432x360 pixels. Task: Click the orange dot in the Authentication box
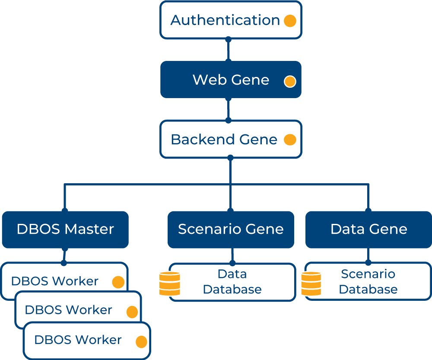click(290, 21)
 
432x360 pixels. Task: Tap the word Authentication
click(225, 20)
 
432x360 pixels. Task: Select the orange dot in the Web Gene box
click(290, 81)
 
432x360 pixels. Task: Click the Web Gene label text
click(231, 80)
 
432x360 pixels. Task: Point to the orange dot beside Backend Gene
click(290, 140)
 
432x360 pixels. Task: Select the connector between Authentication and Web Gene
click(229, 50)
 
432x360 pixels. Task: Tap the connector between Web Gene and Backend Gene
click(229, 109)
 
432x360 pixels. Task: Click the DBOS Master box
click(65, 229)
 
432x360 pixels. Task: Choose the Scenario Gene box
click(231, 229)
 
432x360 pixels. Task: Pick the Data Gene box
click(368, 229)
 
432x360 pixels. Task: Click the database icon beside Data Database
click(169, 284)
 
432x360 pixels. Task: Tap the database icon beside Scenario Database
click(311, 284)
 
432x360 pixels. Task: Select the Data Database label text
click(232, 282)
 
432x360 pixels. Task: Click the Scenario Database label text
click(368, 282)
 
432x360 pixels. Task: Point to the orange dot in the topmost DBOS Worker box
click(118, 282)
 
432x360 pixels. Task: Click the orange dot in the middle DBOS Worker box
click(132, 312)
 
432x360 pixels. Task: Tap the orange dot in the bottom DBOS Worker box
click(141, 342)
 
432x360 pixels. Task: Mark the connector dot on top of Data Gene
click(368, 211)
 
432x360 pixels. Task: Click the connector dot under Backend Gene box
click(230, 158)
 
